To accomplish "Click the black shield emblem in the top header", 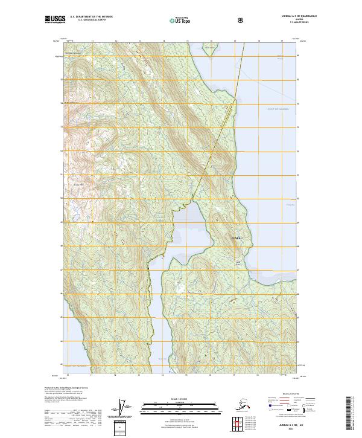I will (x=241, y=20).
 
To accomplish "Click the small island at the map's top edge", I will (x=209, y=48).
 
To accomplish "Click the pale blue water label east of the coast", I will (x=278, y=109).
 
